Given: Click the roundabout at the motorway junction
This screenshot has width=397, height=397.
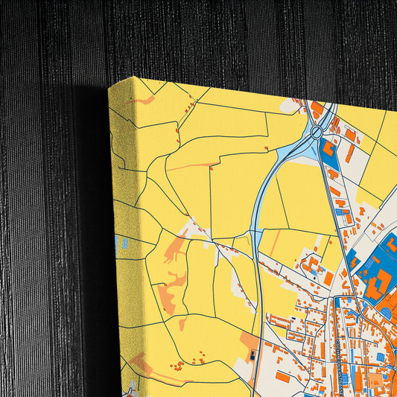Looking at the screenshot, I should coord(317,133).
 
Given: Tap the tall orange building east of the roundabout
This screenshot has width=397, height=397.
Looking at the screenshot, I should coord(349,153).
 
